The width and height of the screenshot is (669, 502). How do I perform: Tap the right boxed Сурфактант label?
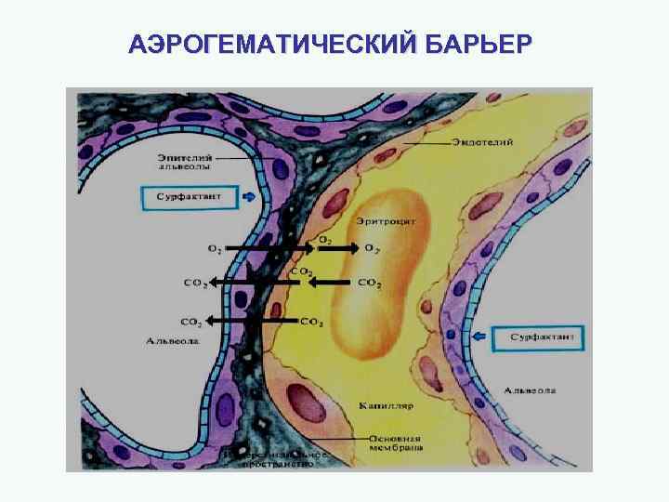(538, 335)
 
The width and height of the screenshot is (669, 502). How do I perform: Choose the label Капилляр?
(386, 406)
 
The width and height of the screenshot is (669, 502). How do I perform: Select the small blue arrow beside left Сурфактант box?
(249, 198)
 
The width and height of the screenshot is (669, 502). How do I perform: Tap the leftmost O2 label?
(215, 249)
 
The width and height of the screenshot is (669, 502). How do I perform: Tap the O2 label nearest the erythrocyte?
(372, 249)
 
